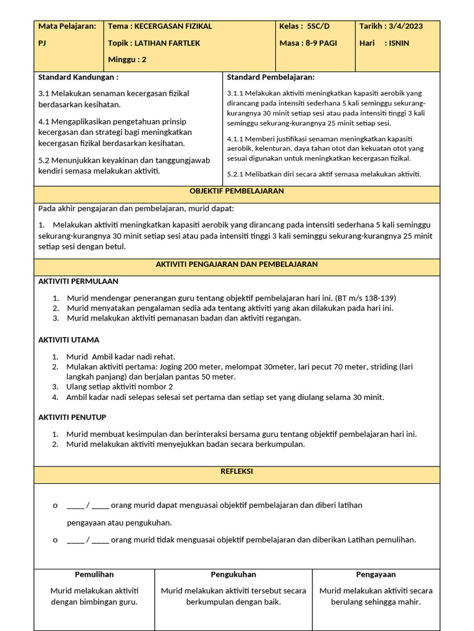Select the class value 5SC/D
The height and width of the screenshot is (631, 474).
point(318,26)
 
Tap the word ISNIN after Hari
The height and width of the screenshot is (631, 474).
point(399,43)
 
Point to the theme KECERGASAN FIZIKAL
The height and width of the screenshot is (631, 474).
point(173,26)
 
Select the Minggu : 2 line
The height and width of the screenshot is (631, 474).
point(127,60)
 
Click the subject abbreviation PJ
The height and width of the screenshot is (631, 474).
point(43,43)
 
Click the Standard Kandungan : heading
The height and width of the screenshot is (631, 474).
point(78,77)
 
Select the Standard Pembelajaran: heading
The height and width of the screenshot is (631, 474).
point(270,77)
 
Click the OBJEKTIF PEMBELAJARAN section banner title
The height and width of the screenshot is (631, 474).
point(236,191)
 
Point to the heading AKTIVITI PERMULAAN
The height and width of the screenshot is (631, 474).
point(78,281)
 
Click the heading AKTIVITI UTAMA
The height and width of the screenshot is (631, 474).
point(69,340)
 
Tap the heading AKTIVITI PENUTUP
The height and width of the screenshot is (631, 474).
point(72,417)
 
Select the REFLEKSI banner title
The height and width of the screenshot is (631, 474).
point(236,471)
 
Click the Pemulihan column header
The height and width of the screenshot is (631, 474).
point(94,574)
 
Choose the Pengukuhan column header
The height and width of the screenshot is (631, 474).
point(233,574)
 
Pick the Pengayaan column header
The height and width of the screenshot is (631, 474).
point(375,574)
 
